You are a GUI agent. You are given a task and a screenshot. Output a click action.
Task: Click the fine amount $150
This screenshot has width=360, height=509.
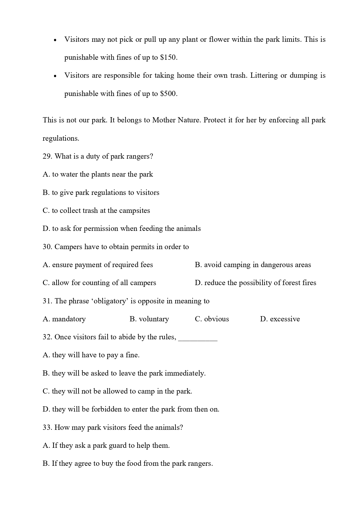tap(168, 57)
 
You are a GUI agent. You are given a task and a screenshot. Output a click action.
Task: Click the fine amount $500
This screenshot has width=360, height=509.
tap(168, 94)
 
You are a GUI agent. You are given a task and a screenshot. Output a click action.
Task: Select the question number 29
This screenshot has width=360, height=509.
tap(47, 156)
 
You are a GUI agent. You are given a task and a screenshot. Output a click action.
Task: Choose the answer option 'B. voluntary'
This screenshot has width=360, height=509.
tap(149, 319)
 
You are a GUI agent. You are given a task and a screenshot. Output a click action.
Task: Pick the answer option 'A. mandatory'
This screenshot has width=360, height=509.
tap(64, 319)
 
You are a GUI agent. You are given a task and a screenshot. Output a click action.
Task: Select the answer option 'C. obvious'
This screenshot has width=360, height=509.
tap(212, 319)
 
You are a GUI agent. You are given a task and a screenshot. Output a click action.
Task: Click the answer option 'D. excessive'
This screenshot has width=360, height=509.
tap(280, 319)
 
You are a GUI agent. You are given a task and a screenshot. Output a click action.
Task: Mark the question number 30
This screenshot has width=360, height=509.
tap(47, 247)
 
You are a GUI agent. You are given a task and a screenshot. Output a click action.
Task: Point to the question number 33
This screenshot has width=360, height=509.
tap(47, 428)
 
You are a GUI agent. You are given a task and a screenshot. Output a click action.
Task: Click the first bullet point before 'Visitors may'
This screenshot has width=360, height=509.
tap(55, 40)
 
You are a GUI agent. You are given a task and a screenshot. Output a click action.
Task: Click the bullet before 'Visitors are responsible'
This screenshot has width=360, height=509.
tap(55, 76)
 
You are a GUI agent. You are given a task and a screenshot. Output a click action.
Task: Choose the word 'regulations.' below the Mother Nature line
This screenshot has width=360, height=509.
tap(61, 138)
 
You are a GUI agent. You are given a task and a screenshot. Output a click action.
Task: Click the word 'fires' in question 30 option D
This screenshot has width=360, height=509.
tap(308, 283)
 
